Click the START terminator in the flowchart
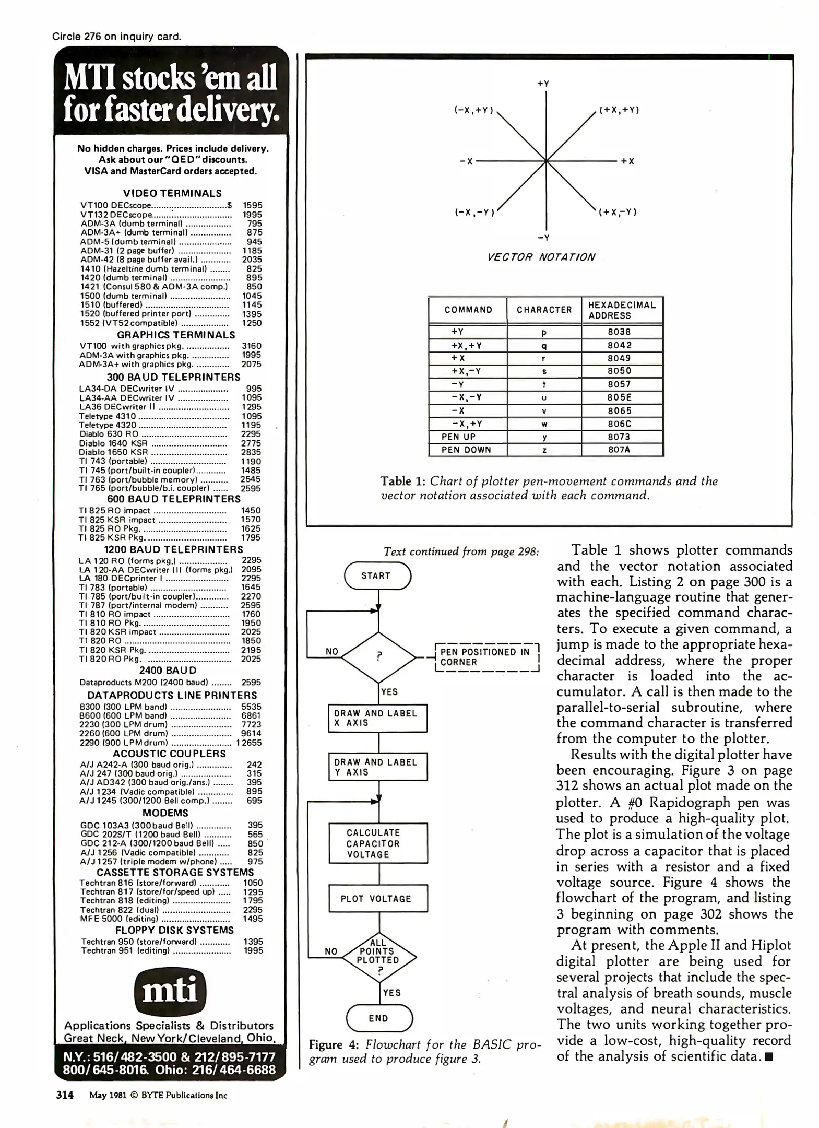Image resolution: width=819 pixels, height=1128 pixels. point(377,575)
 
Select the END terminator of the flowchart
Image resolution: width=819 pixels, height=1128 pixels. point(379,1018)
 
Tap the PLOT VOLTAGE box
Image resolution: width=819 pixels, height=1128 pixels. point(378,898)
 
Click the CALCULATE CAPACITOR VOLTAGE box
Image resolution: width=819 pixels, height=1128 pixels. point(378,843)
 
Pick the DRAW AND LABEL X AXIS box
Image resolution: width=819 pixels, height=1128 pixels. point(377,718)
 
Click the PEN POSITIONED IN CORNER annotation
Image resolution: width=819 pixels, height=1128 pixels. point(486,657)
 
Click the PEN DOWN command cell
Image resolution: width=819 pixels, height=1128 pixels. point(467,450)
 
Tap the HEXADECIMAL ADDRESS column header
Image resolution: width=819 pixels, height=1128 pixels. point(622,310)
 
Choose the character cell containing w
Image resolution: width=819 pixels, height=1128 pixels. point(544,424)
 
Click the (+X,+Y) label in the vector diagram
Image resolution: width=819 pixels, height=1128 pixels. point(619,110)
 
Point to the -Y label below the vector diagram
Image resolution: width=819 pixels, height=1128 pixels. point(543,238)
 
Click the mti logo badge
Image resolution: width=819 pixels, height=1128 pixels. point(170,991)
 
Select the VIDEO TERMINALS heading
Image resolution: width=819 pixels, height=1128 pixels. point(172,193)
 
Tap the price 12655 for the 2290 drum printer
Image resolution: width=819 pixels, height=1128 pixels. point(249,743)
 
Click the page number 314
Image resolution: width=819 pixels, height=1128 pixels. point(65,1095)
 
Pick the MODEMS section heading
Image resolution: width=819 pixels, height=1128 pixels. point(165,813)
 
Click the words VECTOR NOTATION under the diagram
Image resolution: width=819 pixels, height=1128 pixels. point(540,257)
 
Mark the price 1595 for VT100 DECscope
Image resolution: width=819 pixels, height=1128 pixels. point(253,206)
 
